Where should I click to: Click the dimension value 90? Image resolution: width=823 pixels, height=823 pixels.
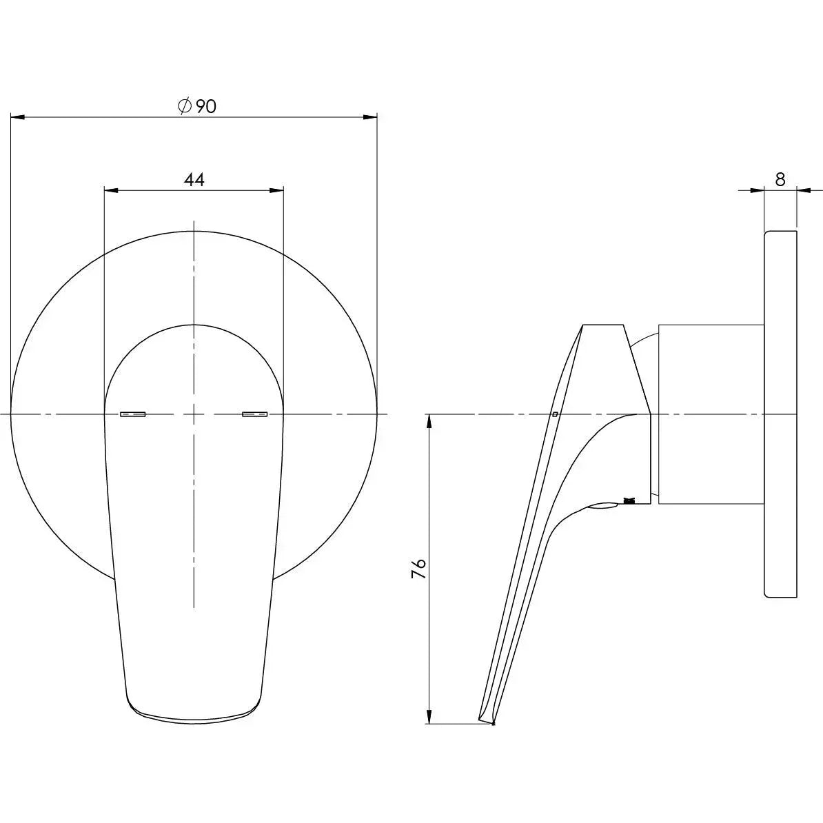206,106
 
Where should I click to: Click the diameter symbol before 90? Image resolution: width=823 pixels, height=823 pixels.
184,106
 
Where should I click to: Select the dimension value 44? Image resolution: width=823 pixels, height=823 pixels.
194,180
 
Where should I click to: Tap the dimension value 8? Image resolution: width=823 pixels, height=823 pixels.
780,179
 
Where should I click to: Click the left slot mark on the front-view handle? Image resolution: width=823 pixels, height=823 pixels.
133,414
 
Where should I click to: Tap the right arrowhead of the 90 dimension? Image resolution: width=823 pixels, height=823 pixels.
370,118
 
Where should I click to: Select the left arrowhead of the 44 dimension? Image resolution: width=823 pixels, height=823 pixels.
111,190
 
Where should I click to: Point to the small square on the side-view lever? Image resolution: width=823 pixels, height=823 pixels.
555,414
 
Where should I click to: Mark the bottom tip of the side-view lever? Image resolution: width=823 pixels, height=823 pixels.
492,724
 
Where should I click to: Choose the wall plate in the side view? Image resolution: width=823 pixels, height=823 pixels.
780,414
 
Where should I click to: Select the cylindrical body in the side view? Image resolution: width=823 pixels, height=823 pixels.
710,414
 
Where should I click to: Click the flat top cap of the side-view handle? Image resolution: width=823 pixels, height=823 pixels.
604,325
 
